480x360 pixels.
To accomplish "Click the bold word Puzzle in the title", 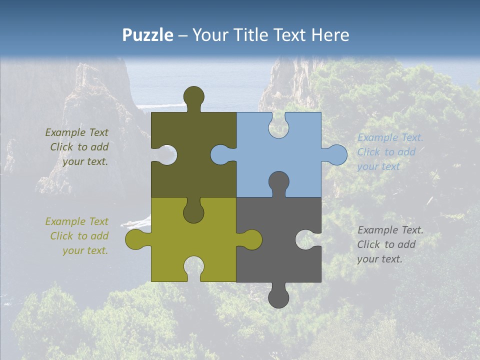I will [147, 35].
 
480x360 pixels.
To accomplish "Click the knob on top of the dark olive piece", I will [193, 97].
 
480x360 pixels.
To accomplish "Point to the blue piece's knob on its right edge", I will [336, 154].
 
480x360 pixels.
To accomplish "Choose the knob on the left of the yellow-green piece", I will [136, 239].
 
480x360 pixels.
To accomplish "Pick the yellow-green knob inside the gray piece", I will [250, 239].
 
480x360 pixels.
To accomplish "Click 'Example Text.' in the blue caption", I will [390, 137].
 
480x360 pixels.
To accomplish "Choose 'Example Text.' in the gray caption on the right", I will [390, 230].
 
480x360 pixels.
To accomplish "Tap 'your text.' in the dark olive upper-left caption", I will [85, 161].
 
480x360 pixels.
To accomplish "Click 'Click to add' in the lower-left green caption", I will [79, 236].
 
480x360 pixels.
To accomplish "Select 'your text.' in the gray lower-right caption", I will [379, 259].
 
